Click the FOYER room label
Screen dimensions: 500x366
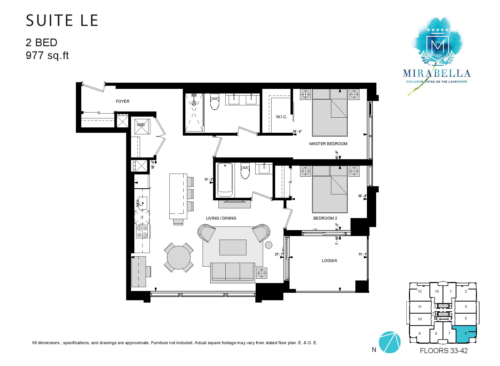click(123, 101)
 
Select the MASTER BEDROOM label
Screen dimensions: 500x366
click(328, 144)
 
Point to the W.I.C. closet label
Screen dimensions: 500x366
click(282, 117)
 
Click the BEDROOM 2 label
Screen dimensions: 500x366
click(325, 218)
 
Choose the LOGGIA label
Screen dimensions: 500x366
click(329, 261)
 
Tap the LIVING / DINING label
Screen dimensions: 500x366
click(221, 218)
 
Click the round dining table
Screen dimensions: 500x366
click(179, 257)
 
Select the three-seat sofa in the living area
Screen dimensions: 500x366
click(233, 273)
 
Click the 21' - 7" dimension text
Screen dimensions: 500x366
click(279, 255)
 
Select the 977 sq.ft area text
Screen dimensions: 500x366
click(47, 55)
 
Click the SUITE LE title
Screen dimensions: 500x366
click(62, 21)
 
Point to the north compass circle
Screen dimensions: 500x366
click(389, 342)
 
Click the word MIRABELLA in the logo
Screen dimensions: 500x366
click(437, 73)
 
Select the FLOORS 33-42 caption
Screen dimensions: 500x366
click(444, 351)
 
